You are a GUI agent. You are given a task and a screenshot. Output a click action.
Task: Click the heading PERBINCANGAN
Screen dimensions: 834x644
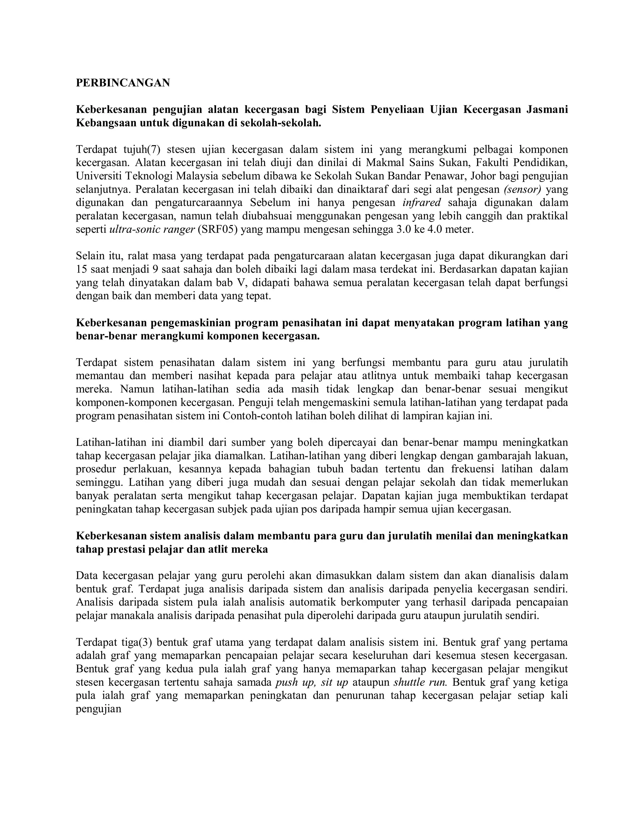point(123,82)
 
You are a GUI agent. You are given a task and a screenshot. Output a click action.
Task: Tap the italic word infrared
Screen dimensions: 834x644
point(422,202)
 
